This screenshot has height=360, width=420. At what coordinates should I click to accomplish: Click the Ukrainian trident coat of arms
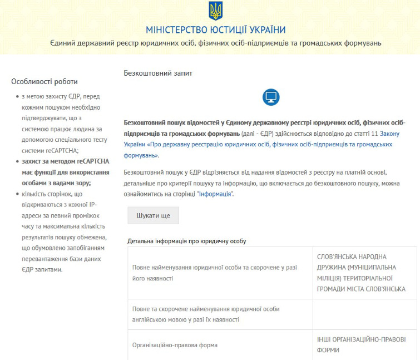[x=215, y=11]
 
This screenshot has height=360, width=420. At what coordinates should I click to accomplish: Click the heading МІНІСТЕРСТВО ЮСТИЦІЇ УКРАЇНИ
[x=215, y=29]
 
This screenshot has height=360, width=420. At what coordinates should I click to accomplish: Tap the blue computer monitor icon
[x=271, y=97]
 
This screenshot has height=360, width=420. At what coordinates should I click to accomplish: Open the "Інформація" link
[x=215, y=194]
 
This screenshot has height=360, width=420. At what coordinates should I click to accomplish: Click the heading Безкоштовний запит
[x=157, y=73]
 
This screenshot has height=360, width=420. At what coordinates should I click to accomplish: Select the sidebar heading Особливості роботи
[x=45, y=82]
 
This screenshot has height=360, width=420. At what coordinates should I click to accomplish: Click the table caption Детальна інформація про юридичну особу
[x=186, y=241]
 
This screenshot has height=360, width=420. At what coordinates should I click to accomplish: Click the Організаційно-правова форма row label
[x=175, y=345]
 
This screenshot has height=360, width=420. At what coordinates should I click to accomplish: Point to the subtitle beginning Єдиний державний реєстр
[x=215, y=43]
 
